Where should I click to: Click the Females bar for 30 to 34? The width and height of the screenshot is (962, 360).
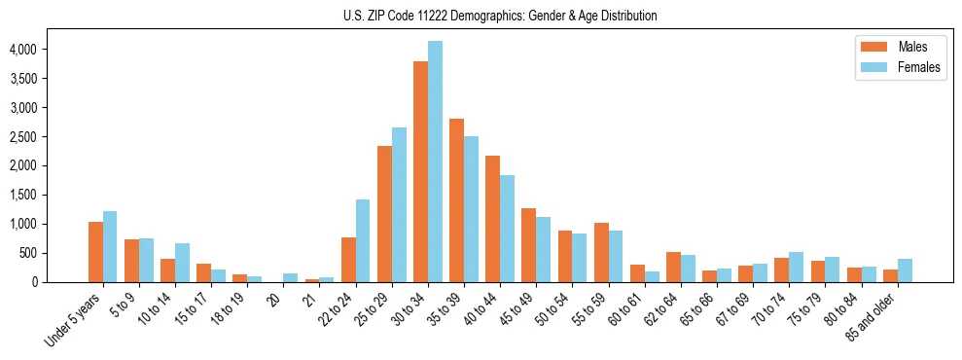tap(435, 162)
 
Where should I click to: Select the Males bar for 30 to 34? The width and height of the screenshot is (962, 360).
tap(420, 172)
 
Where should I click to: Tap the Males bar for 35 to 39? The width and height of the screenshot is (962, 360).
tap(456, 200)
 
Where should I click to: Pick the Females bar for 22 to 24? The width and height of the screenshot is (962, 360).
tap(363, 240)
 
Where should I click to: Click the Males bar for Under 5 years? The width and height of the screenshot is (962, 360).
tap(95, 252)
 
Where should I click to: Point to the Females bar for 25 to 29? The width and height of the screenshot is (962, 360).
tap(399, 204)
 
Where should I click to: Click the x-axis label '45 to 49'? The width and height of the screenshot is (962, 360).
tap(518, 309)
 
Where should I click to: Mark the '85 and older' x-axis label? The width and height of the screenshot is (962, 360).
tap(873, 316)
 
